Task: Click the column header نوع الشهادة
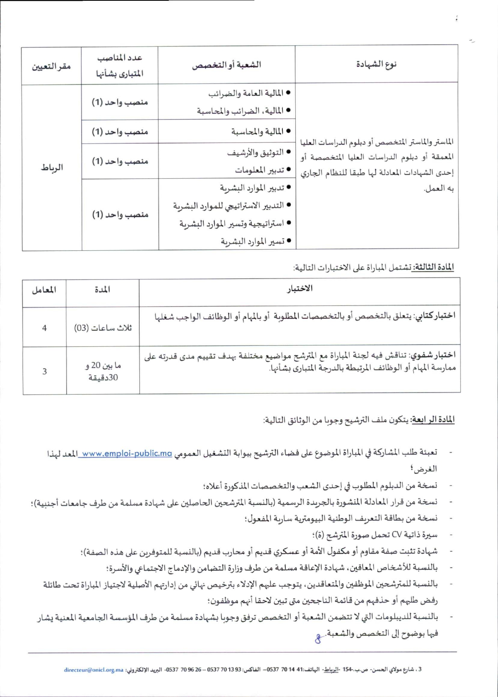376,64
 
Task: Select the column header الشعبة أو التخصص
226,65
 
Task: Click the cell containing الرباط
52,168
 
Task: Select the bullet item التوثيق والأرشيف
255,152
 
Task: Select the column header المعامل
44,290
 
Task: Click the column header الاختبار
300,289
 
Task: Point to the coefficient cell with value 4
44,328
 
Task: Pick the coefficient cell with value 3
44,371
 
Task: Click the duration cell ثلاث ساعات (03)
102,328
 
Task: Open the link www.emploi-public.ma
126,453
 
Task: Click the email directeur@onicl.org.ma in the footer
94,670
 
